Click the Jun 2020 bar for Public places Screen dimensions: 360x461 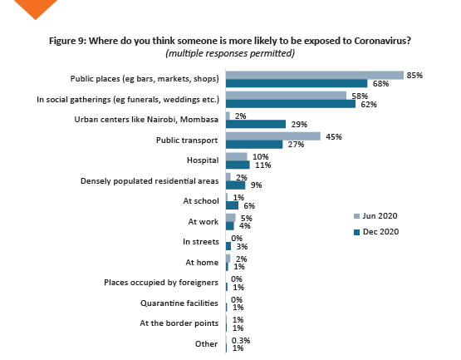point(314,75)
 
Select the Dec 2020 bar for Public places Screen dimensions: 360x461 point(296,83)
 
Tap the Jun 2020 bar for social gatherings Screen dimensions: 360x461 point(286,96)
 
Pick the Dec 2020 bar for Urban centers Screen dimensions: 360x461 point(255,125)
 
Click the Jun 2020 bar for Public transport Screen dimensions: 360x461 point(272,136)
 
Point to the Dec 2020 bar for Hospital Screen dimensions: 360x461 point(237,165)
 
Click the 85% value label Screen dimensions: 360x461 point(414,75)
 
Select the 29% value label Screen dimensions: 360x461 point(298,125)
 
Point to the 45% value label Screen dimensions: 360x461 point(334,136)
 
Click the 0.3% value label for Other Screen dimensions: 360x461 point(241,340)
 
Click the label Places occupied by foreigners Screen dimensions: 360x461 point(161,283)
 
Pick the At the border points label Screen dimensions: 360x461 point(179,323)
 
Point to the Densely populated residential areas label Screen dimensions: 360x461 point(149,180)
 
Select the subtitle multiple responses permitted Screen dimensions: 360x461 point(231,53)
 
